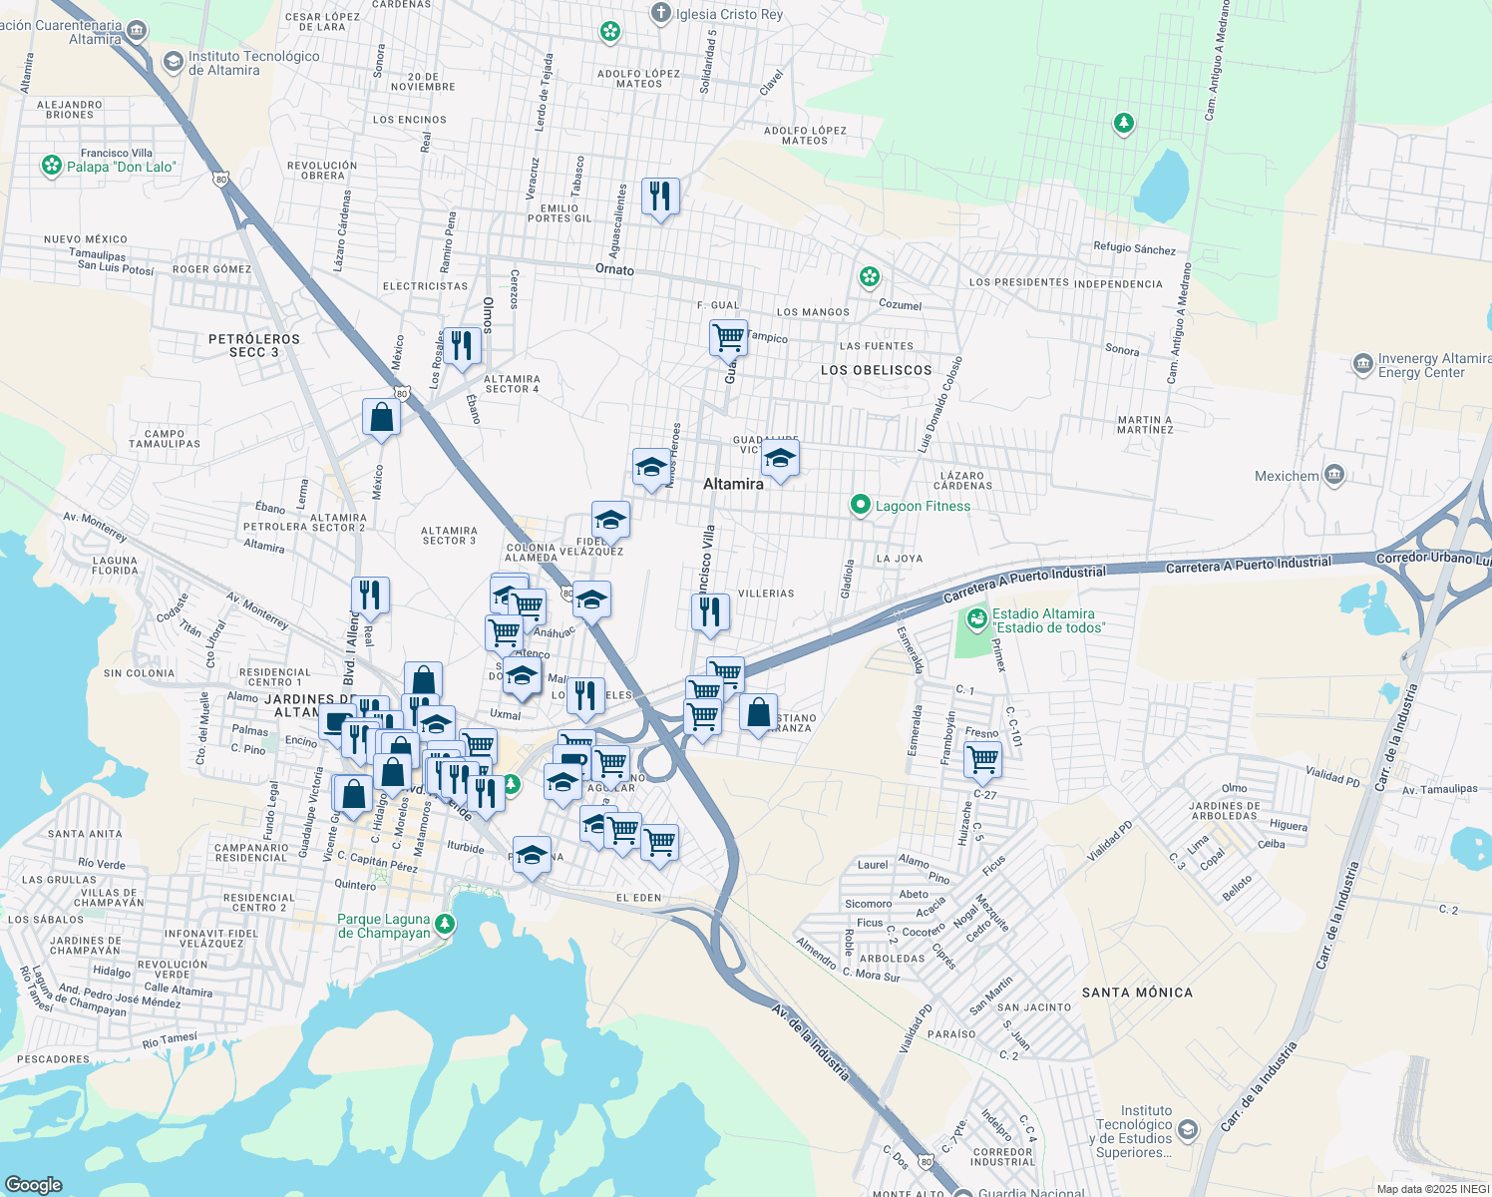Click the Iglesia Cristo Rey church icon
660,14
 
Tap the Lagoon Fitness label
923,506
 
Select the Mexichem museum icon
1334,475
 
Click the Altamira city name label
733,484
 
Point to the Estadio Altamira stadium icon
976,620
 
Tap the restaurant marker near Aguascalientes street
660,197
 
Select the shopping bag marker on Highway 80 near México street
381,416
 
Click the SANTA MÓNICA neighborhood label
1137,993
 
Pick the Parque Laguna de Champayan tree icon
446,925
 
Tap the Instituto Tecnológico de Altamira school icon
173,63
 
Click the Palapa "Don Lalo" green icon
52,166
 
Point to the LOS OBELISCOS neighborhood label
876,370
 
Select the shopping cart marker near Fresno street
983,760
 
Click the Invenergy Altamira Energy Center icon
1362,364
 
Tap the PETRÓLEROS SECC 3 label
253,345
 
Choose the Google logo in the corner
33,1184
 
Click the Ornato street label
614,269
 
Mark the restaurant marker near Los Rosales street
462,346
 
